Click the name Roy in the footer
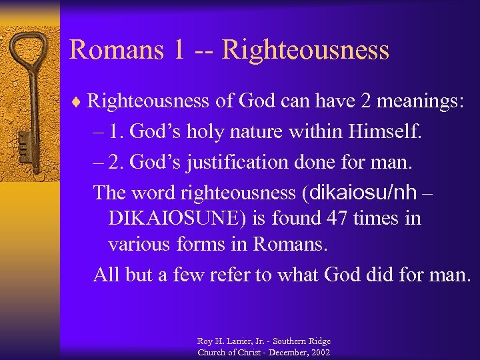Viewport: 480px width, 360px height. [x=205, y=341]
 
